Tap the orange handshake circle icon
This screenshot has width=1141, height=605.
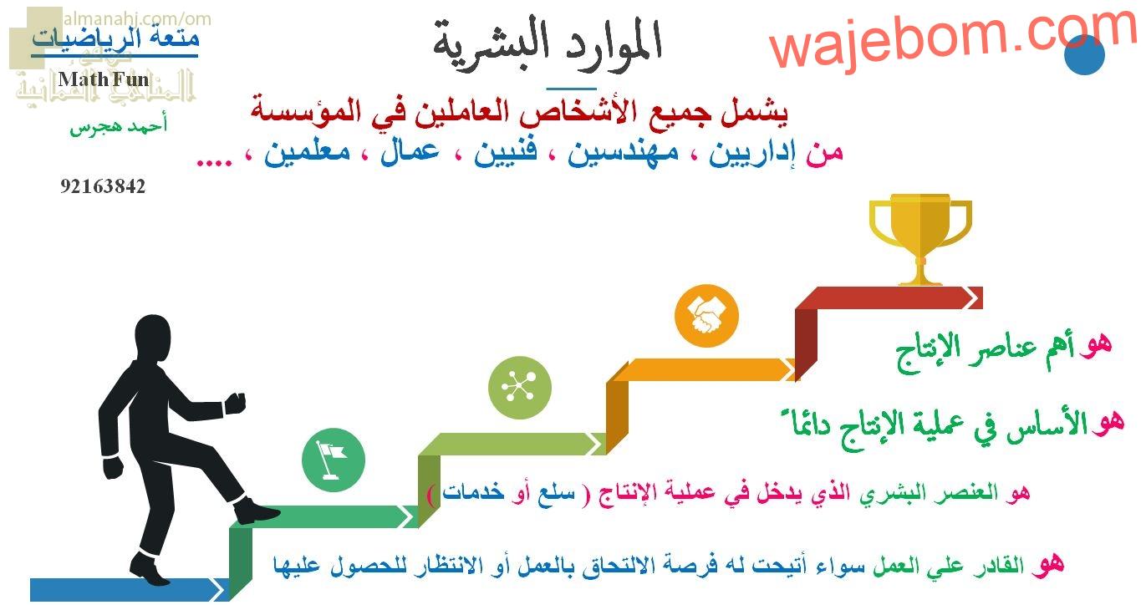(706, 316)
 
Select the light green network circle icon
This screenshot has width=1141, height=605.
(520, 388)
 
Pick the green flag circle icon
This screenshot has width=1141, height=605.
(334, 460)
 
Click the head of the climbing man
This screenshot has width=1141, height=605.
(153, 338)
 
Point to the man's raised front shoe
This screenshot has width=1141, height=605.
(257, 511)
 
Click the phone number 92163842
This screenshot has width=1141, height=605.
(103, 186)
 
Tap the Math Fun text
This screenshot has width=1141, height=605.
(104, 79)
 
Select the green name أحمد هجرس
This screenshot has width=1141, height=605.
(118, 126)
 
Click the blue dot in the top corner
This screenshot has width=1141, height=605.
(1084, 54)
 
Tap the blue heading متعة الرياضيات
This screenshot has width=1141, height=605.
(115, 38)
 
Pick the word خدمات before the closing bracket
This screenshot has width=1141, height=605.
(473, 492)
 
